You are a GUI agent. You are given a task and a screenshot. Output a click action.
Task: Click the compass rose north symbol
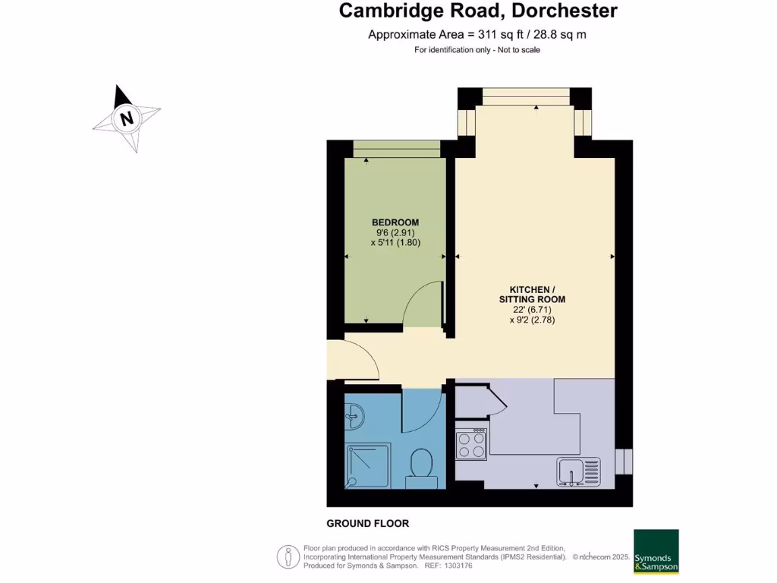pyautogui.click(x=127, y=118)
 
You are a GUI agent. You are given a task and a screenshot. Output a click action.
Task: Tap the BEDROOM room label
pyautogui.click(x=395, y=222)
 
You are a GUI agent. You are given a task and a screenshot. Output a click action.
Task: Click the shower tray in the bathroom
pyautogui.click(x=368, y=465)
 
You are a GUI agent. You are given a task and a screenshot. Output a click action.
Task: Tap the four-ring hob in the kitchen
pyautogui.click(x=470, y=443)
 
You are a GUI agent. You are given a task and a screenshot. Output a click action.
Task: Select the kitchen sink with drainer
pyautogui.click(x=578, y=471)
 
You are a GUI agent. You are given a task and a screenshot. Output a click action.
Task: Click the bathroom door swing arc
pyautogui.click(x=422, y=411)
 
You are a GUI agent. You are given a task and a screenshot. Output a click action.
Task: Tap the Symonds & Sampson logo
pyautogui.click(x=656, y=551)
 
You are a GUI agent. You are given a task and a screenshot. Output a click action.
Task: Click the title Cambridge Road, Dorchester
pyautogui.click(x=478, y=11)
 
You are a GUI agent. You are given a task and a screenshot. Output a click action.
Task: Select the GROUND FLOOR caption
pyautogui.click(x=367, y=523)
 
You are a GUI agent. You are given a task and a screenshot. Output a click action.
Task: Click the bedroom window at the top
pyautogui.click(x=396, y=149)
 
